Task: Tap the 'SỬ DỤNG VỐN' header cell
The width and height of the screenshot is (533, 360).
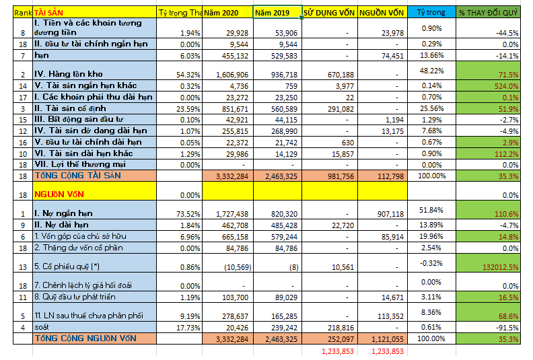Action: click(329, 12)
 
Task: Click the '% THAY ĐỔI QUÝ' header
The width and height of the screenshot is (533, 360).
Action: click(488, 12)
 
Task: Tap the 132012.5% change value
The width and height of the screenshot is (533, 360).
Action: click(497, 266)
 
